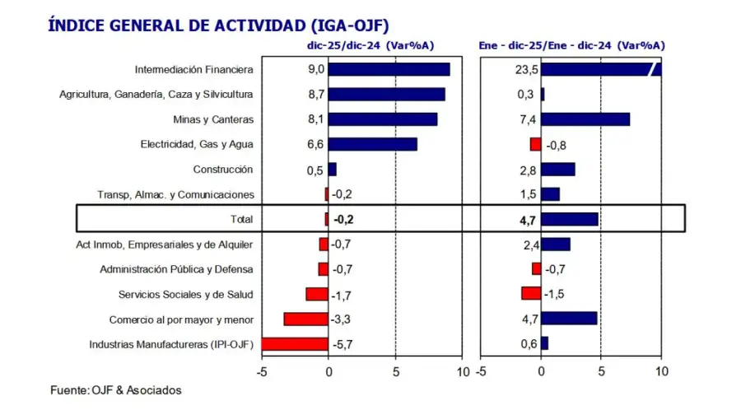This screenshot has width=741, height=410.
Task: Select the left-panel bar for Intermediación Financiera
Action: click(389, 69)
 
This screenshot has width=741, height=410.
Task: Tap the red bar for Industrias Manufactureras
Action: click(295, 344)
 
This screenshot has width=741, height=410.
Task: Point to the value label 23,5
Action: click(524, 70)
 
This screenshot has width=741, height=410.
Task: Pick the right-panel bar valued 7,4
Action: click(585, 119)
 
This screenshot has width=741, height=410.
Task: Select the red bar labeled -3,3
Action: click(305, 319)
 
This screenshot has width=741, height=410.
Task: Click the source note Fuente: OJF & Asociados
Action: click(116, 389)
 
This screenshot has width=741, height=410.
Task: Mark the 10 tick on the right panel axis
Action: click(661, 371)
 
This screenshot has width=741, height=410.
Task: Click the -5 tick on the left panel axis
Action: click(261, 371)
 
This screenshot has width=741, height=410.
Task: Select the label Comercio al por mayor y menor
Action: click(181, 319)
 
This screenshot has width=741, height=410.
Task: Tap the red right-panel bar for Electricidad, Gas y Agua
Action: click(535, 144)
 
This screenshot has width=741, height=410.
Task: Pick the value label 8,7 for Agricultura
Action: click(315, 95)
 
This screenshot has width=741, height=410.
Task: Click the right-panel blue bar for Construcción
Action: click(557, 170)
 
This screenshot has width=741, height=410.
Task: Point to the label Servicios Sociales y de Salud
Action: click(185, 294)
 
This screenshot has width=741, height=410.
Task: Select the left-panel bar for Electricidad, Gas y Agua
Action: click(372, 144)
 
